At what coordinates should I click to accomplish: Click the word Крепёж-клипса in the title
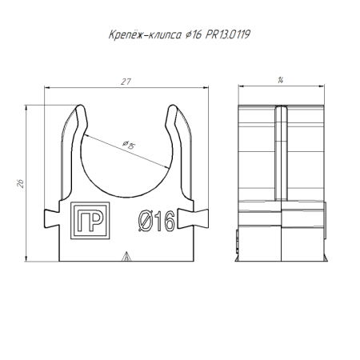134,35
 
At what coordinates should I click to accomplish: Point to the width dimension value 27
126,82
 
